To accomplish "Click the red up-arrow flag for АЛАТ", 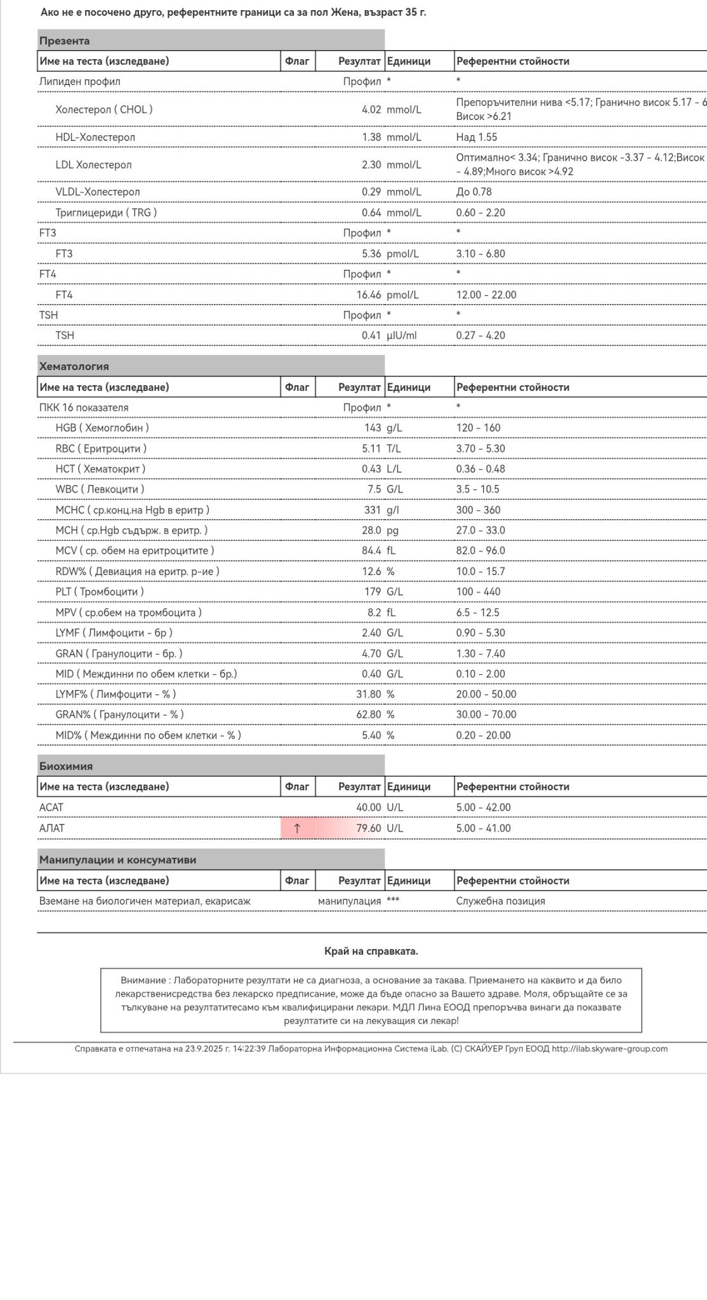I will (298, 828).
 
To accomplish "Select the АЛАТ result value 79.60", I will (368, 828).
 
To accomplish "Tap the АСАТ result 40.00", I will (368, 807).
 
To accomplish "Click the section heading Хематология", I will (74, 366).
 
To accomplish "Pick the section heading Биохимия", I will (66, 766).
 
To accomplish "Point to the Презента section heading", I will (65, 41).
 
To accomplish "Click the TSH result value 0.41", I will (371, 335).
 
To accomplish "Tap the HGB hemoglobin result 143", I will (373, 428).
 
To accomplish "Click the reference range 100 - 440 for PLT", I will (478, 592).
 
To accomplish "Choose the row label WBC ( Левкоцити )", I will (100, 489).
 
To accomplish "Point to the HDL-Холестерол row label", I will (95, 137).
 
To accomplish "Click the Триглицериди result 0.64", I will (371, 213).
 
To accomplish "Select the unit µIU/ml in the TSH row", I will (402, 335).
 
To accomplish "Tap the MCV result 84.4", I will (371, 550).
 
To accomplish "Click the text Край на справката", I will (371, 951).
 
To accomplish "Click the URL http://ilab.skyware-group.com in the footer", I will (609, 1049).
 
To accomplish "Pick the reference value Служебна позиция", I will (500, 901).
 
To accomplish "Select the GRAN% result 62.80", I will (369, 714).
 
